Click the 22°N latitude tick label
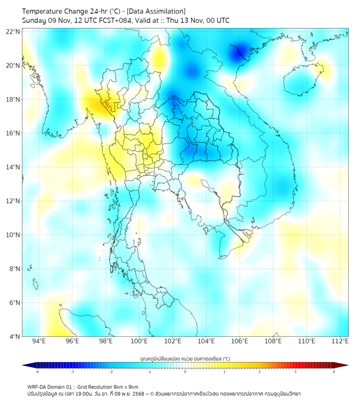pos(13,31)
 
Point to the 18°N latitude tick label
pos(13,99)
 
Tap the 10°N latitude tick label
pos(13,235)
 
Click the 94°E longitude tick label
pos(39,342)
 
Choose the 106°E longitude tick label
pos(240,342)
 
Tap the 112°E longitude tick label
pos(340,342)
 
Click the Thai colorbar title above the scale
pos(185,359)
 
